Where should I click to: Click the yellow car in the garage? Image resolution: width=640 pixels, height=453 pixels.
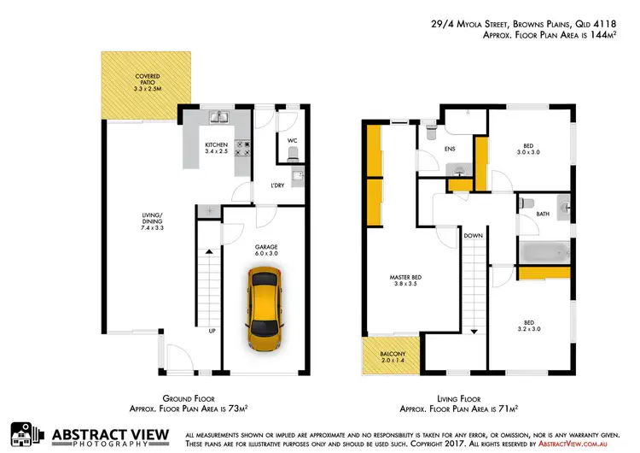click(x=265, y=308)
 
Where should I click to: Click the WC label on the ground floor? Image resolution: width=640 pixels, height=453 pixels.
click(x=292, y=140)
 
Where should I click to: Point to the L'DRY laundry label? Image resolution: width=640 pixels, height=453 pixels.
click(x=277, y=185)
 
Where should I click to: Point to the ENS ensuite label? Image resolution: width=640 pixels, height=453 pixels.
click(x=447, y=147)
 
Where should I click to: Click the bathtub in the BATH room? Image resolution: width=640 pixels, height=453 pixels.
click(x=544, y=252)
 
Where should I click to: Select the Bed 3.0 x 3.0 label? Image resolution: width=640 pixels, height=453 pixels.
click(x=529, y=149)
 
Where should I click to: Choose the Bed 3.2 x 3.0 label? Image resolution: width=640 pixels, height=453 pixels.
click(x=529, y=325)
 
